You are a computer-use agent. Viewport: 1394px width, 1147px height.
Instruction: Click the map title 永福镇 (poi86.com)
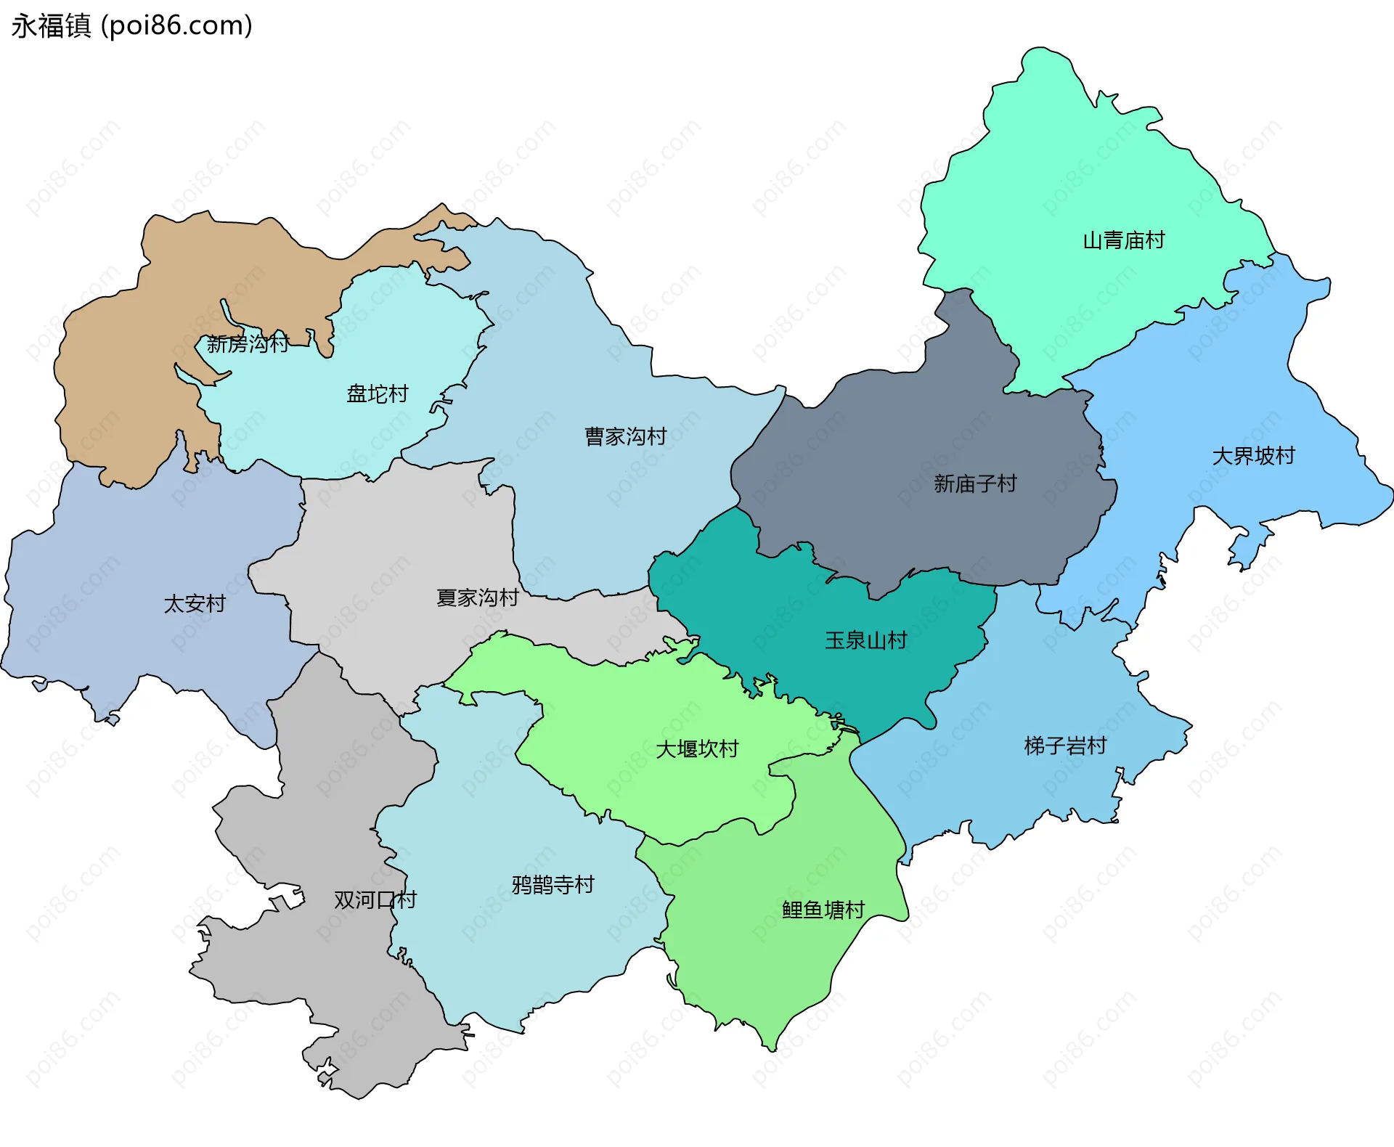tap(131, 26)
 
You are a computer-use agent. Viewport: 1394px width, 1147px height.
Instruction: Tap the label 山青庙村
tap(1123, 240)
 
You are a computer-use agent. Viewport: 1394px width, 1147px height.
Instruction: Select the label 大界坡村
tap(1253, 456)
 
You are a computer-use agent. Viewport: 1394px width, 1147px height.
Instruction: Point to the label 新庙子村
tap(974, 483)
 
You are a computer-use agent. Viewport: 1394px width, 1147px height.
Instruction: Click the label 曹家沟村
tap(625, 436)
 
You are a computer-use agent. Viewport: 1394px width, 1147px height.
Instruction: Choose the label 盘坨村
tap(377, 394)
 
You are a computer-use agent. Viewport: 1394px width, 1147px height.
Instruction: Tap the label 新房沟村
tap(248, 344)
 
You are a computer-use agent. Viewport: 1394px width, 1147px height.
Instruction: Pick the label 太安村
tap(195, 604)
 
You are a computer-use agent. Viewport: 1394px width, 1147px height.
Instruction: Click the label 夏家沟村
tap(477, 598)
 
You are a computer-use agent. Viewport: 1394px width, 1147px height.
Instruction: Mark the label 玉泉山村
tap(865, 640)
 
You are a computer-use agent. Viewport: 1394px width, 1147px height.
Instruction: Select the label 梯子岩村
tap(1065, 746)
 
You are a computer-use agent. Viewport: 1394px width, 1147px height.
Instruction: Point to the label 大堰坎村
tap(697, 749)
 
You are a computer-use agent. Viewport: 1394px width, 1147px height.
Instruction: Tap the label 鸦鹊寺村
tap(553, 885)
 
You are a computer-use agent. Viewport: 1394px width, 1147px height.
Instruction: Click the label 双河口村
tap(375, 900)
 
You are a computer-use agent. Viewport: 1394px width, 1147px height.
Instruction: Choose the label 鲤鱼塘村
tap(823, 910)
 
